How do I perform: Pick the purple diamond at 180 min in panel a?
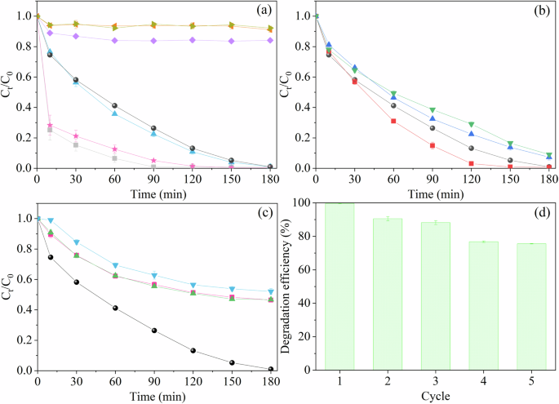270,40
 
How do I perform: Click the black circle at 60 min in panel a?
115,105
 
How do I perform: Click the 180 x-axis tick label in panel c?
270,381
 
